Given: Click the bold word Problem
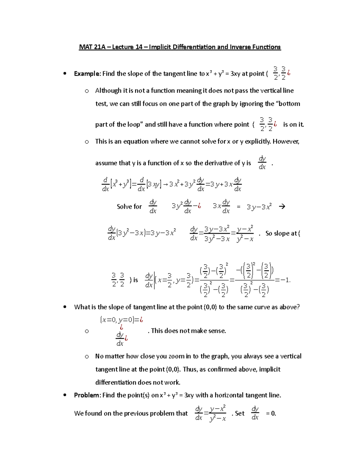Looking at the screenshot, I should [87, 395].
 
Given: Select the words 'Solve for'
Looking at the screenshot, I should [129, 206].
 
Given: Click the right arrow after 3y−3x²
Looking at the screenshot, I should [282, 206].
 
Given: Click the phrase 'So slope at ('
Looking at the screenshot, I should [283, 233].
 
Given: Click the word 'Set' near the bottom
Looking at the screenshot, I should [240, 413].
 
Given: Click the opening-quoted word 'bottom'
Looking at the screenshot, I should [288, 104].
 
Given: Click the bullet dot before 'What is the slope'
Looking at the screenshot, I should [64, 307].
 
